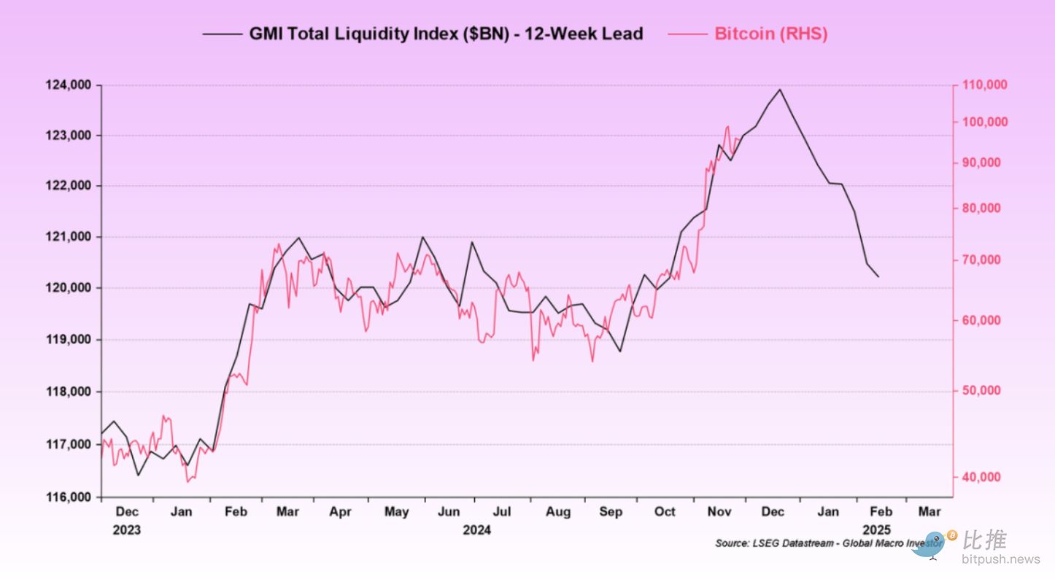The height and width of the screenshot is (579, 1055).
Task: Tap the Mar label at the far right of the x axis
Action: (929, 512)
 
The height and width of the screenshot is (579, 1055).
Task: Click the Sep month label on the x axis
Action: (611, 512)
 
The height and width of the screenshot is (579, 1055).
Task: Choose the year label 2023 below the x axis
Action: (126, 530)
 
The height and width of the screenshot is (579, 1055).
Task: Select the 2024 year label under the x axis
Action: (476, 530)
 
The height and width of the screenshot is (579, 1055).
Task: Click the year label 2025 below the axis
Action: (876, 530)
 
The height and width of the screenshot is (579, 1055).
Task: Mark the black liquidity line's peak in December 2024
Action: (779, 90)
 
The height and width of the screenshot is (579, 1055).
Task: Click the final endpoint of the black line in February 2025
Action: (878, 276)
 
